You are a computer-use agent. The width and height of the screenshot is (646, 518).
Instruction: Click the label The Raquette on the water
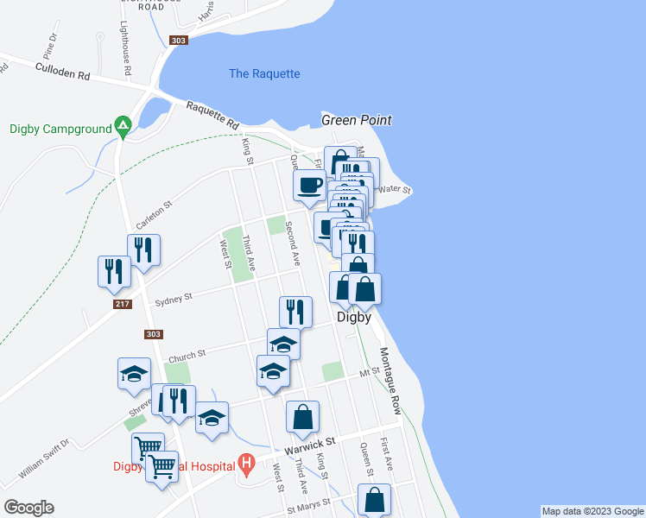(x=264, y=74)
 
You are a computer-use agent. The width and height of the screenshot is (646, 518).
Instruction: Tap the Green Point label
(x=357, y=120)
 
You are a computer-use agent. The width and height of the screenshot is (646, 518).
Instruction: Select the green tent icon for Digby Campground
(x=123, y=129)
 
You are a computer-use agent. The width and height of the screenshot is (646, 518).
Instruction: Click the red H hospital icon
(x=246, y=466)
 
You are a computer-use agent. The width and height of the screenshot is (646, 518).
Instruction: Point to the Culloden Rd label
(x=62, y=71)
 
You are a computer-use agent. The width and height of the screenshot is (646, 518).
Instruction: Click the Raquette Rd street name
(x=212, y=117)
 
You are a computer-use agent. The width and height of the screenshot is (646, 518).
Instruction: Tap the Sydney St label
(x=173, y=300)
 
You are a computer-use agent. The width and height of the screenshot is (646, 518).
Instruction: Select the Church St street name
(x=187, y=354)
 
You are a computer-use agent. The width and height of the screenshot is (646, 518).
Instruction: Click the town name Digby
(x=353, y=317)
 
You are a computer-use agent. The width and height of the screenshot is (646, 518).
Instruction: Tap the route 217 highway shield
(x=122, y=304)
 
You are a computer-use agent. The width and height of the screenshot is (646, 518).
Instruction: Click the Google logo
(x=28, y=508)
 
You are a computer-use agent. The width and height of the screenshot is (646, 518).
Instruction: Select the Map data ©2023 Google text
(x=592, y=511)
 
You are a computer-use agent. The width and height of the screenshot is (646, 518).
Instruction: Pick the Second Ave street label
(x=294, y=243)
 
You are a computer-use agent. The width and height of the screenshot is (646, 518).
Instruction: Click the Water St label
(x=396, y=189)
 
